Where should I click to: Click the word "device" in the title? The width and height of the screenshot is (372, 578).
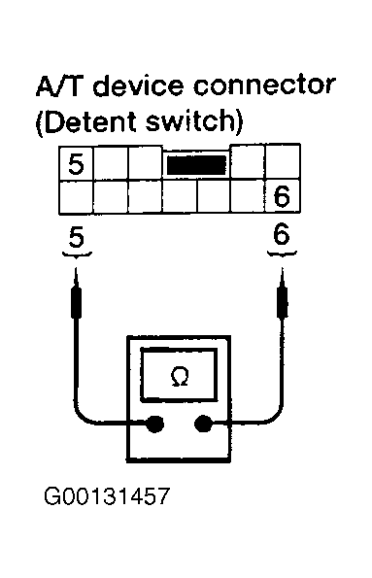click(x=138, y=85)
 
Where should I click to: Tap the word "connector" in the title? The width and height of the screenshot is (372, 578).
click(x=264, y=85)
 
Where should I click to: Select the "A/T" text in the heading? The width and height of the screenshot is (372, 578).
click(x=58, y=85)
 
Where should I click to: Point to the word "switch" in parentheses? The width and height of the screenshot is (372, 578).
click(x=190, y=121)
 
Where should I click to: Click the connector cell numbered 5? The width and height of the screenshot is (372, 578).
click(x=76, y=163)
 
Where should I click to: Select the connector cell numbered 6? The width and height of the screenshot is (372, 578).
click(x=283, y=196)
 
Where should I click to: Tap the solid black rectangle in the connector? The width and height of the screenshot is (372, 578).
click(x=196, y=165)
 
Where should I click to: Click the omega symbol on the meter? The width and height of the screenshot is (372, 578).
click(x=180, y=376)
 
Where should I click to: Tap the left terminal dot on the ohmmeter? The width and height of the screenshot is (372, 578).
click(x=154, y=424)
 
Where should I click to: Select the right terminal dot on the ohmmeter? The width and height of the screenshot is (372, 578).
click(x=203, y=424)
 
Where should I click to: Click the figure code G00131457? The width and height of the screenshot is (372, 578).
click(x=107, y=496)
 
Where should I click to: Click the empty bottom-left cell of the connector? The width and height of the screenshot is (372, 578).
click(x=76, y=197)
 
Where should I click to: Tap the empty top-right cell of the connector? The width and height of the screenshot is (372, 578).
click(x=283, y=162)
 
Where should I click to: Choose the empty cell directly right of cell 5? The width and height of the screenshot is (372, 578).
click(x=111, y=163)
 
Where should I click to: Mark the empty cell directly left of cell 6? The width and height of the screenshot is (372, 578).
click(x=248, y=196)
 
